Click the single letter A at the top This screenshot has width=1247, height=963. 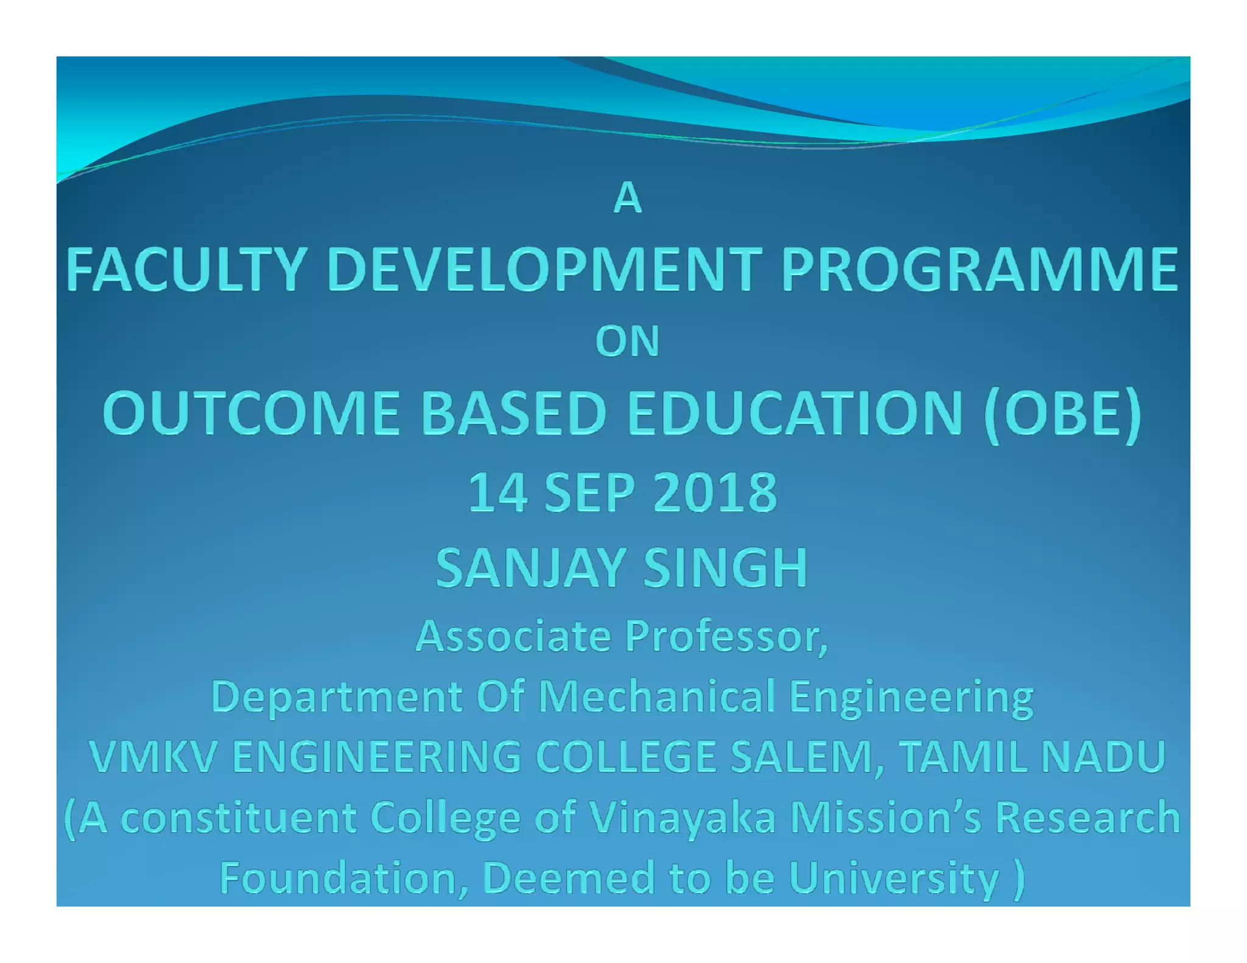[x=627, y=198]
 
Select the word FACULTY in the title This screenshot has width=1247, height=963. [x=186, y=269]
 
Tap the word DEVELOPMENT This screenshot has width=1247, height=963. [x=544, y=269]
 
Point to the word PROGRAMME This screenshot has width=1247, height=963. [x=979, y=269]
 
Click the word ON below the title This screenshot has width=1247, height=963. [x=627, y=341]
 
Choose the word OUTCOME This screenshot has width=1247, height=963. [x=251, y=413]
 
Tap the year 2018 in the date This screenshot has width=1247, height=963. [x=715, y=492]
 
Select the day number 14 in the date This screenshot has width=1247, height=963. [x=497, y=492]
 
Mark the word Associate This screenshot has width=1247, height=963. [x=513, y=636]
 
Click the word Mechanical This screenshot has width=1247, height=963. [x=656, y=697]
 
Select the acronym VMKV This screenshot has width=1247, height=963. [x=153, y=757]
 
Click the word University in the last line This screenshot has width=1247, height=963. [x=894, y=878]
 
